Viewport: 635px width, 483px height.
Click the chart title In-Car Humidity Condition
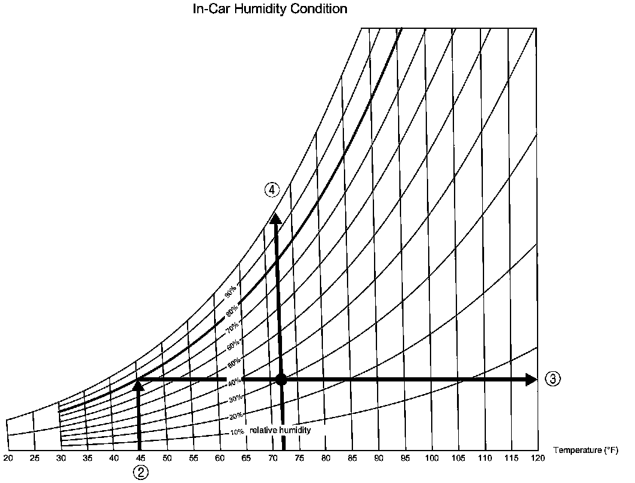click(269, 10)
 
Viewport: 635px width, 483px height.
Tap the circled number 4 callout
click(272, 190)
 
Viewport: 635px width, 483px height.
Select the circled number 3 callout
click(553, 379)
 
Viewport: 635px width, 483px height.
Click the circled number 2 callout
click(140, 472)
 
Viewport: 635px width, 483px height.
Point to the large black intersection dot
click(281, 379)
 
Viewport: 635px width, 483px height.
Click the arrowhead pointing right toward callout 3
click(530, 379)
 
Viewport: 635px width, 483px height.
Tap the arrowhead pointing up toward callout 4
click(276, 218)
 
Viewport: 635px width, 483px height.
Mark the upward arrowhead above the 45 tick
click(138, 385)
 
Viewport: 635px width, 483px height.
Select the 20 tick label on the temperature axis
click(8, 458)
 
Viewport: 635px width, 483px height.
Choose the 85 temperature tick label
click(352, 458)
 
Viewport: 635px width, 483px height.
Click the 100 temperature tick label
click(431, 458)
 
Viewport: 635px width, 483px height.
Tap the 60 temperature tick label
click(219, 458)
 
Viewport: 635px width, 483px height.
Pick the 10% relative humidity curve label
click(237, 432)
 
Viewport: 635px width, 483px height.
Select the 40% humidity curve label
click(235, 380)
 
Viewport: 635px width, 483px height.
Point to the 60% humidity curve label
click(234, 345)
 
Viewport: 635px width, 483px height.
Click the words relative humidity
click(280, 430)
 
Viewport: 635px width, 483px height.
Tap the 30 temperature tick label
click(61, 458)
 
